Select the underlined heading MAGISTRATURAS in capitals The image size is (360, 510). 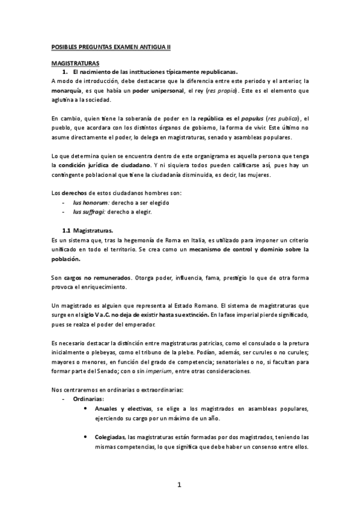click(x=76, y=63)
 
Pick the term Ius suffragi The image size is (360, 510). click(x=86, y=212)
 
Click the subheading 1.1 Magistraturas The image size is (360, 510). click(x=87, y=230)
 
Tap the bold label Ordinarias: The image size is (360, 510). click(x=88, y=399)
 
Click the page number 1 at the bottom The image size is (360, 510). click(x=180, y=485)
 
